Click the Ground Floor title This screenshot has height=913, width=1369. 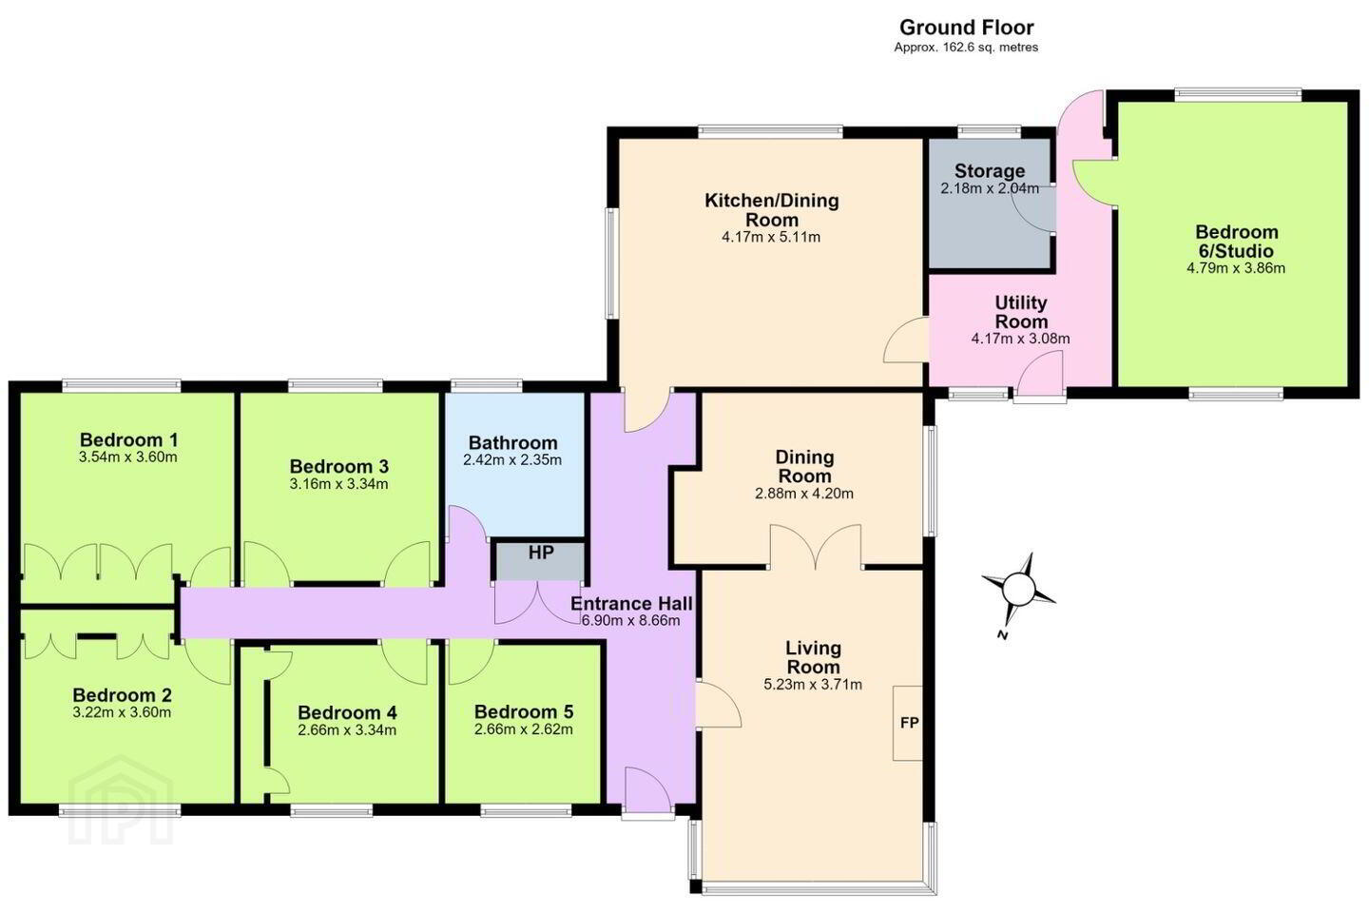coord(966,28)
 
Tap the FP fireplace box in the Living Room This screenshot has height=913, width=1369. coord(908,723)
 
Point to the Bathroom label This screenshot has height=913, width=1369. coord(512,442)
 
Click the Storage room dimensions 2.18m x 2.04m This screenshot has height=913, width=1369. coord(990,188)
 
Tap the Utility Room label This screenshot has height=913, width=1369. coord(1021,312)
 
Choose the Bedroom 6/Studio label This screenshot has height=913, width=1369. coord(1236,241)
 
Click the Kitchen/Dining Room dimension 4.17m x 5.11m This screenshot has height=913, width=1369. coord(771,237)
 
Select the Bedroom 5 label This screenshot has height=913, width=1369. coord(523,711)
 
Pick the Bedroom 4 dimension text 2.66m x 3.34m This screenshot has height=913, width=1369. coord(347,729)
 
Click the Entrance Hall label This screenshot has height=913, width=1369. coord(631,604)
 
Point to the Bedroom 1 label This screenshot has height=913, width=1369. coord(128,439)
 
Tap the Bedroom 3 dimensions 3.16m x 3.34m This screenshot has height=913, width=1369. coord(338,484)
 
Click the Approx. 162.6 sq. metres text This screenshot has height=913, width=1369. coord(966,48)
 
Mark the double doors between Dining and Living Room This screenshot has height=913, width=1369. coord(816,547)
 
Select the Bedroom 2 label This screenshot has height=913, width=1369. coord(122,694)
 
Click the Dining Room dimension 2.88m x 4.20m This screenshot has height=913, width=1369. coord(804,493)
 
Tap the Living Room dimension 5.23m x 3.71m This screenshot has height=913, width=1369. coord(813,685)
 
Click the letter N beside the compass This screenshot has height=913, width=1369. coord(1002,635)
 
